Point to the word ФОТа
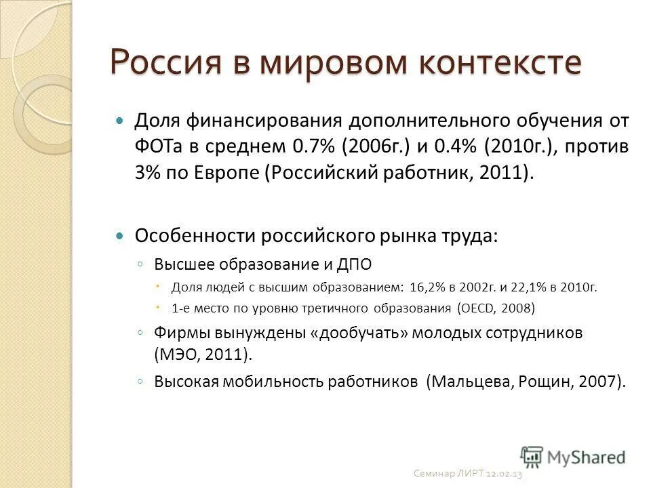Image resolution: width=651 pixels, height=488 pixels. [157, 147]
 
